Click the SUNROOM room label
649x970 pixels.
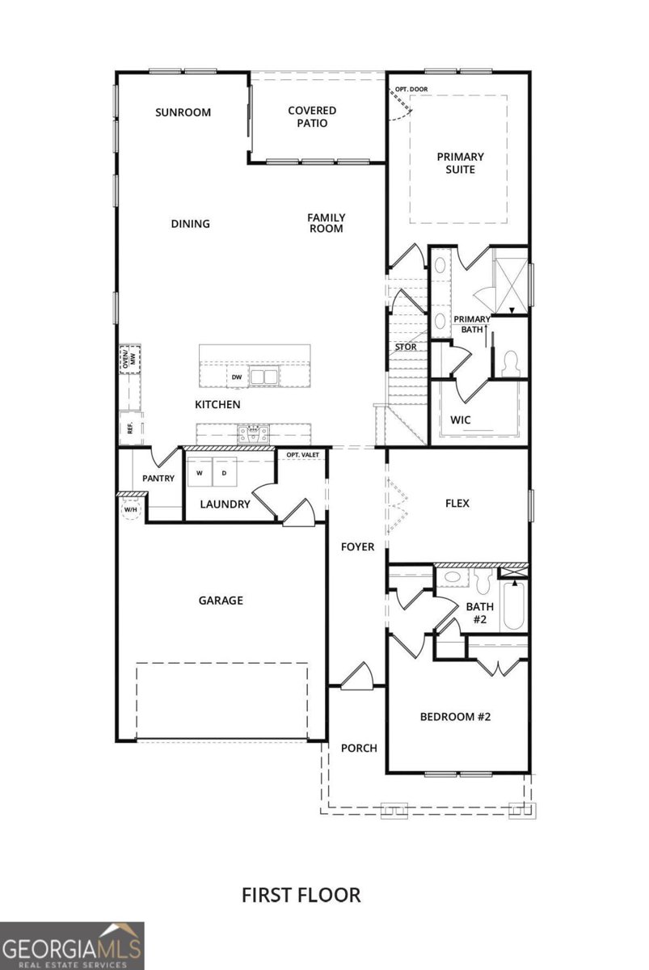coord(183,112)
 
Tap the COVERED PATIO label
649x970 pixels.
coord(312,117)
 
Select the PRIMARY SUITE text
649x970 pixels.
coord(461,163)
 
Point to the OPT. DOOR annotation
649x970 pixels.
coord(411,89)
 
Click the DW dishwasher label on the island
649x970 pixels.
coord(237,377)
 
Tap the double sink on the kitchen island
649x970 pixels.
coord(263,377)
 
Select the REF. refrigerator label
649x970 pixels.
coord(129,427)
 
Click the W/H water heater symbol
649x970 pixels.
coord(130,510)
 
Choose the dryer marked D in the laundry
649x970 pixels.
coord(225,472)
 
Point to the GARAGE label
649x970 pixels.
coord(221,601)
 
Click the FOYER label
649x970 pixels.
coord(357,547)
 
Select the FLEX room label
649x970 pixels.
coord(457,503)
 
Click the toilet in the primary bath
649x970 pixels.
coord(510,364)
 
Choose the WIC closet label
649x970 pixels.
coord(460,420)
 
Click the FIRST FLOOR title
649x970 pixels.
coord(301,895)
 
